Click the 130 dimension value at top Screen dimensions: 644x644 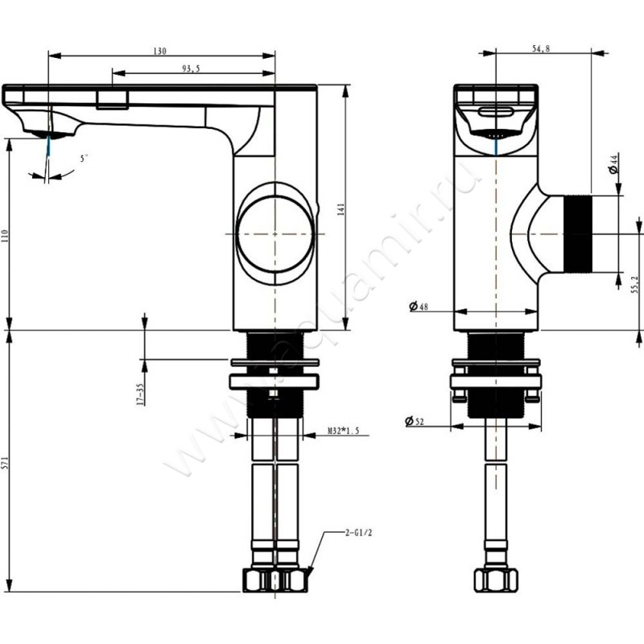click(x=159, y=52)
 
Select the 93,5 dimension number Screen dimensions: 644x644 click(x=192, y=69)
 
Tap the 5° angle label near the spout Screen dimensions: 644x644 click(x=84, y=159)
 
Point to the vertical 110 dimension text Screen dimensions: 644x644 click(x=6, y=236)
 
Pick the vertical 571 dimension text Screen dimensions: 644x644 click(x=6, y=464)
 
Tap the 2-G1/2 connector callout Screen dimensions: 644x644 click(x=356, y=532)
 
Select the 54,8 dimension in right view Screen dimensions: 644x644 click(x=542, y=49)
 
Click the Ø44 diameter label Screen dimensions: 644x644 click(x=613, y=164)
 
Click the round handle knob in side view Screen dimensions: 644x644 click(x=275, y=233)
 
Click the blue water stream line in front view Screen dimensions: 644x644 click(x=496, y=146)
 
